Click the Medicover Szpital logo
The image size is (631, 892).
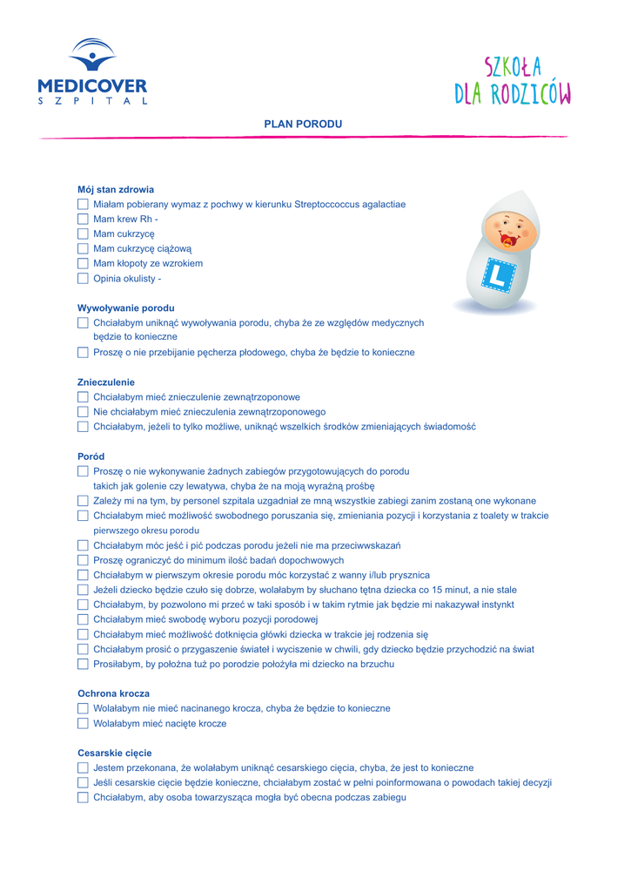click(92, 71)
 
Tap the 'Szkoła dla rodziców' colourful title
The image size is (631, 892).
click(512, 81)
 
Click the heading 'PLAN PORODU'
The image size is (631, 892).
click(303, 125)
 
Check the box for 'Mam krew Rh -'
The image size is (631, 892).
click(83, 220)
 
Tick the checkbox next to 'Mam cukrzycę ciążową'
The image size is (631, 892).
click(83, 249)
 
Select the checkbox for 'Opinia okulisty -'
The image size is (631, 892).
click(83, 279)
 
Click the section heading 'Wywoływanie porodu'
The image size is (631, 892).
click(125, 308)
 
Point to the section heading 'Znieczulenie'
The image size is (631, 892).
click(106, 382)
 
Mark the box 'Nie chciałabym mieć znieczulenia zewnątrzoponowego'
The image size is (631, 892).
click(83, 412)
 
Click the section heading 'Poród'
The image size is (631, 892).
click(91, 456)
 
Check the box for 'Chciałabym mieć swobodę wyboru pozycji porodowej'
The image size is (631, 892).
click(83, 620)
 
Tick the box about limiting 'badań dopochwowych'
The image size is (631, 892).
click(83, 561)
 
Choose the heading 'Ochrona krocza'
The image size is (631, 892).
click(113, 694)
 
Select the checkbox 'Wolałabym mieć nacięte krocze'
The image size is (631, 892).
click(83, 724)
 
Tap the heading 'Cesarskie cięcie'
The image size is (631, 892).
click(114, 753)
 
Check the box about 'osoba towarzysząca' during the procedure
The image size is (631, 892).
click(83, 798)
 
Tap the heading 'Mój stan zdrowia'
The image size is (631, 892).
click(116, 190)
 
